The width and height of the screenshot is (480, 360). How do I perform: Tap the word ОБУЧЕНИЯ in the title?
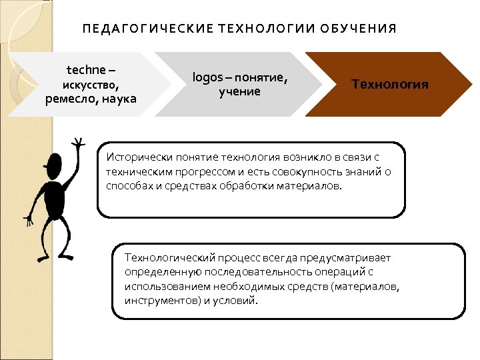[359, 29]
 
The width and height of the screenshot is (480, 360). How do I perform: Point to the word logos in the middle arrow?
[206, 77]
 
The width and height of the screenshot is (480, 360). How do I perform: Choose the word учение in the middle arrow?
[239, 92]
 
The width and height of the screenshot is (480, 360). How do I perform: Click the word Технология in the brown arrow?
[390, 85]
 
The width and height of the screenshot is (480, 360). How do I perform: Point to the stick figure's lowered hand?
[29, 218]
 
